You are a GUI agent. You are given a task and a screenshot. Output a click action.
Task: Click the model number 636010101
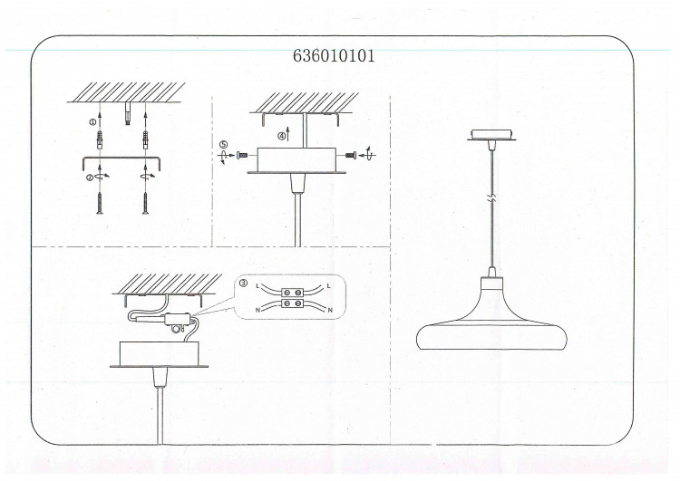[334, 56]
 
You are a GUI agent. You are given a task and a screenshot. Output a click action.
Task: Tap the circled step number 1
[92, 122]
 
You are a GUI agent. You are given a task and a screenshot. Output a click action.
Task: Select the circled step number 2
[90, 178]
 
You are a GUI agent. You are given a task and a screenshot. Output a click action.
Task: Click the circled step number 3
[243, 284]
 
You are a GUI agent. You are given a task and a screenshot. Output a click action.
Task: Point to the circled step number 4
[282, 136]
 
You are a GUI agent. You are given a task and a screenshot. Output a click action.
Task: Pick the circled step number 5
[223, 145]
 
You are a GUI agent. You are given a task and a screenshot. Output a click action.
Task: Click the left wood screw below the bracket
[100, 204]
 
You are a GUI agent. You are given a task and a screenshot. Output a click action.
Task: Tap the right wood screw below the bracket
[145, 204]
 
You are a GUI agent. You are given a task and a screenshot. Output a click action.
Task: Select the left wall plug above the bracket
[100, 139]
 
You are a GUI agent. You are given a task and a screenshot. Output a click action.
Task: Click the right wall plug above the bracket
[145, 139]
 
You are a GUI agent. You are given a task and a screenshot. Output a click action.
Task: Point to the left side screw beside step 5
[242, 155]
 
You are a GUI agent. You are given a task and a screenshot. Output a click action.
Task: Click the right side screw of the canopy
[351, 155]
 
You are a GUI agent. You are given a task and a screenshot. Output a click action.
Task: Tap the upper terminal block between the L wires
[292, 293]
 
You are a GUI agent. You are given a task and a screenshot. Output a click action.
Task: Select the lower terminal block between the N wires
[292, 303]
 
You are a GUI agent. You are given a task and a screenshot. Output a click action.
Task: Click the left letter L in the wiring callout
[258, 286]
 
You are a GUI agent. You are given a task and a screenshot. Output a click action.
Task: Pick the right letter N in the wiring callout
[330, 310]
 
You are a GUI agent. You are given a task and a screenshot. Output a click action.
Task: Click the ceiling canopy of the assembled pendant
[491, 135]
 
